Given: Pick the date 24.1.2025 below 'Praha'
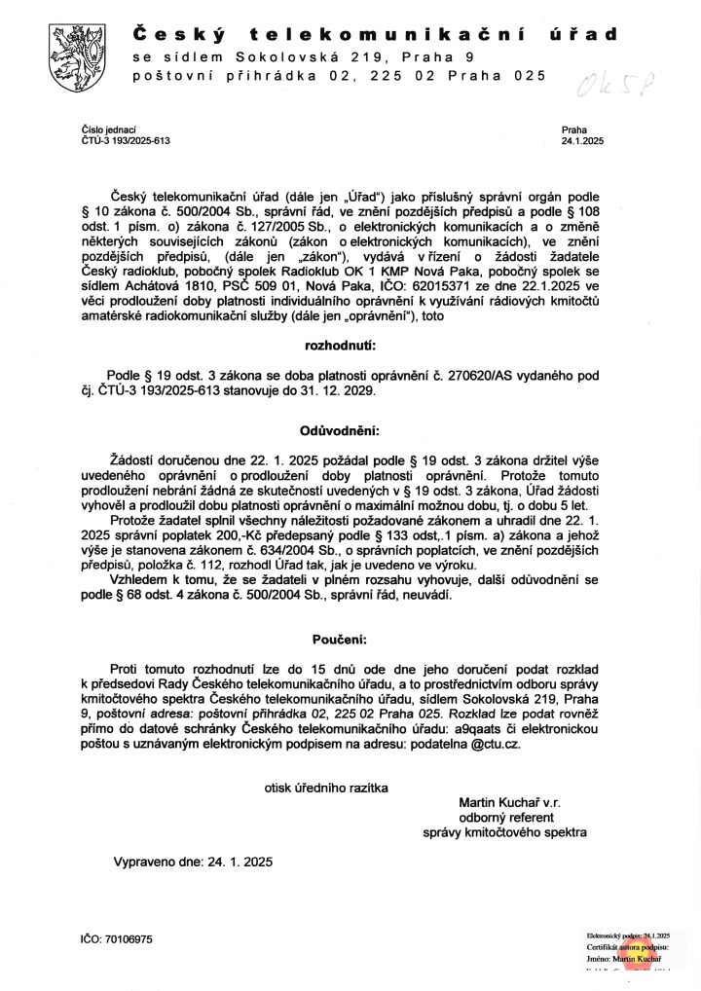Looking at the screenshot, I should pyautogui.click(x=582, y=140).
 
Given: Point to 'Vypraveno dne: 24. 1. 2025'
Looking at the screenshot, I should pyautogui.click(x=194, y=862).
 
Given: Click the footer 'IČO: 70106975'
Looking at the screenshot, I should pyautogui.click(x=117, y=938).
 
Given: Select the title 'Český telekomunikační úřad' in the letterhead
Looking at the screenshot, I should pyautogui.click(x=375, y=36).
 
